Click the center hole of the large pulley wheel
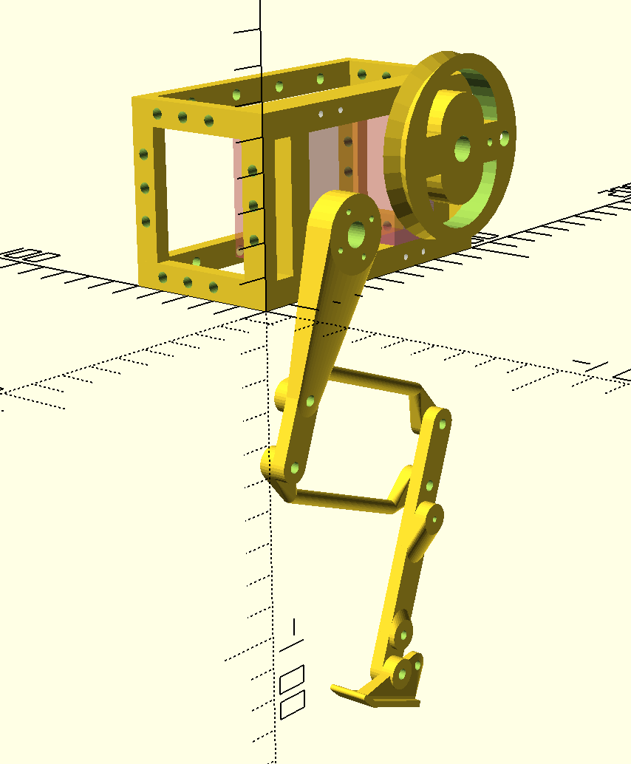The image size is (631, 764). pyautogui.click(x=463, y=149)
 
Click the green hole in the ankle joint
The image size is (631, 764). pyautogui.click(x=403, y=673)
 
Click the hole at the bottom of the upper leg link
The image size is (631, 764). pyautogui.click(x=296, y=468)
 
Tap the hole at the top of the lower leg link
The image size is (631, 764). pyautogui.click(x=442, y=424)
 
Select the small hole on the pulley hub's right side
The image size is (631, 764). pyautogui.click(x=505, y=137)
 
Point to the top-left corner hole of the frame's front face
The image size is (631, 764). pyautogui.click(x=157, y=113)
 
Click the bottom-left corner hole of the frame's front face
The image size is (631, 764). pyautogui.click(x=162, y=278)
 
